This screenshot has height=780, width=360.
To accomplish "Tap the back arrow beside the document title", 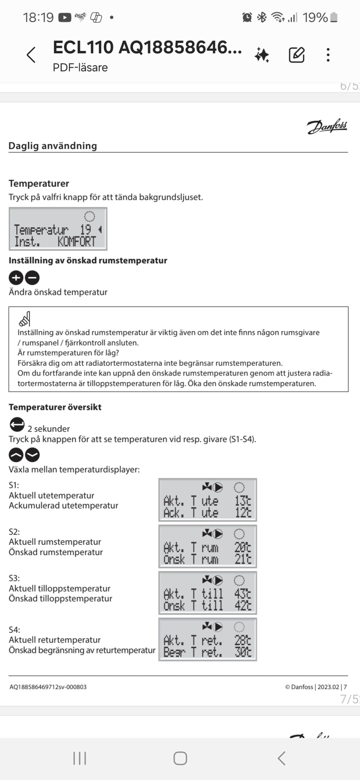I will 31,55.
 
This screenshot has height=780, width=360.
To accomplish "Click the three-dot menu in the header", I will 328,55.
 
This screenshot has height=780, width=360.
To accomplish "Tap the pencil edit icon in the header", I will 296,55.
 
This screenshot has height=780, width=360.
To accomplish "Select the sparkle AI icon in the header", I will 262,55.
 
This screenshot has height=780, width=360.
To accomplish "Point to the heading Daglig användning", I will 53,146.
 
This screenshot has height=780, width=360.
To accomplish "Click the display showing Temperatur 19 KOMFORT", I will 58,229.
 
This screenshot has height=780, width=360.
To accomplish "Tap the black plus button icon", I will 16,278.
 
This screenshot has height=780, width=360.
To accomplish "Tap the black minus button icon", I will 32,278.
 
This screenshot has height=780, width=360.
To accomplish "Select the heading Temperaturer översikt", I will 55,407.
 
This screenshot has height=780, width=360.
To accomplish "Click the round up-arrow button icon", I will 16,455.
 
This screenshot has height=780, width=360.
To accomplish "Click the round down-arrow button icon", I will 32,455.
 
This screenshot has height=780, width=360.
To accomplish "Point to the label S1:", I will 14,485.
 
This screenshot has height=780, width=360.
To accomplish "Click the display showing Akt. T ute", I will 208,500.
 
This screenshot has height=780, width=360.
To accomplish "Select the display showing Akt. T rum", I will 208,547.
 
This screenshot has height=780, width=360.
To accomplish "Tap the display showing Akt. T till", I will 208,593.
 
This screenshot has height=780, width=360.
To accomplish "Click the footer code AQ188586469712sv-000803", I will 48,687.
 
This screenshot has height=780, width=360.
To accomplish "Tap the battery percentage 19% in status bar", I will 315,18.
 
